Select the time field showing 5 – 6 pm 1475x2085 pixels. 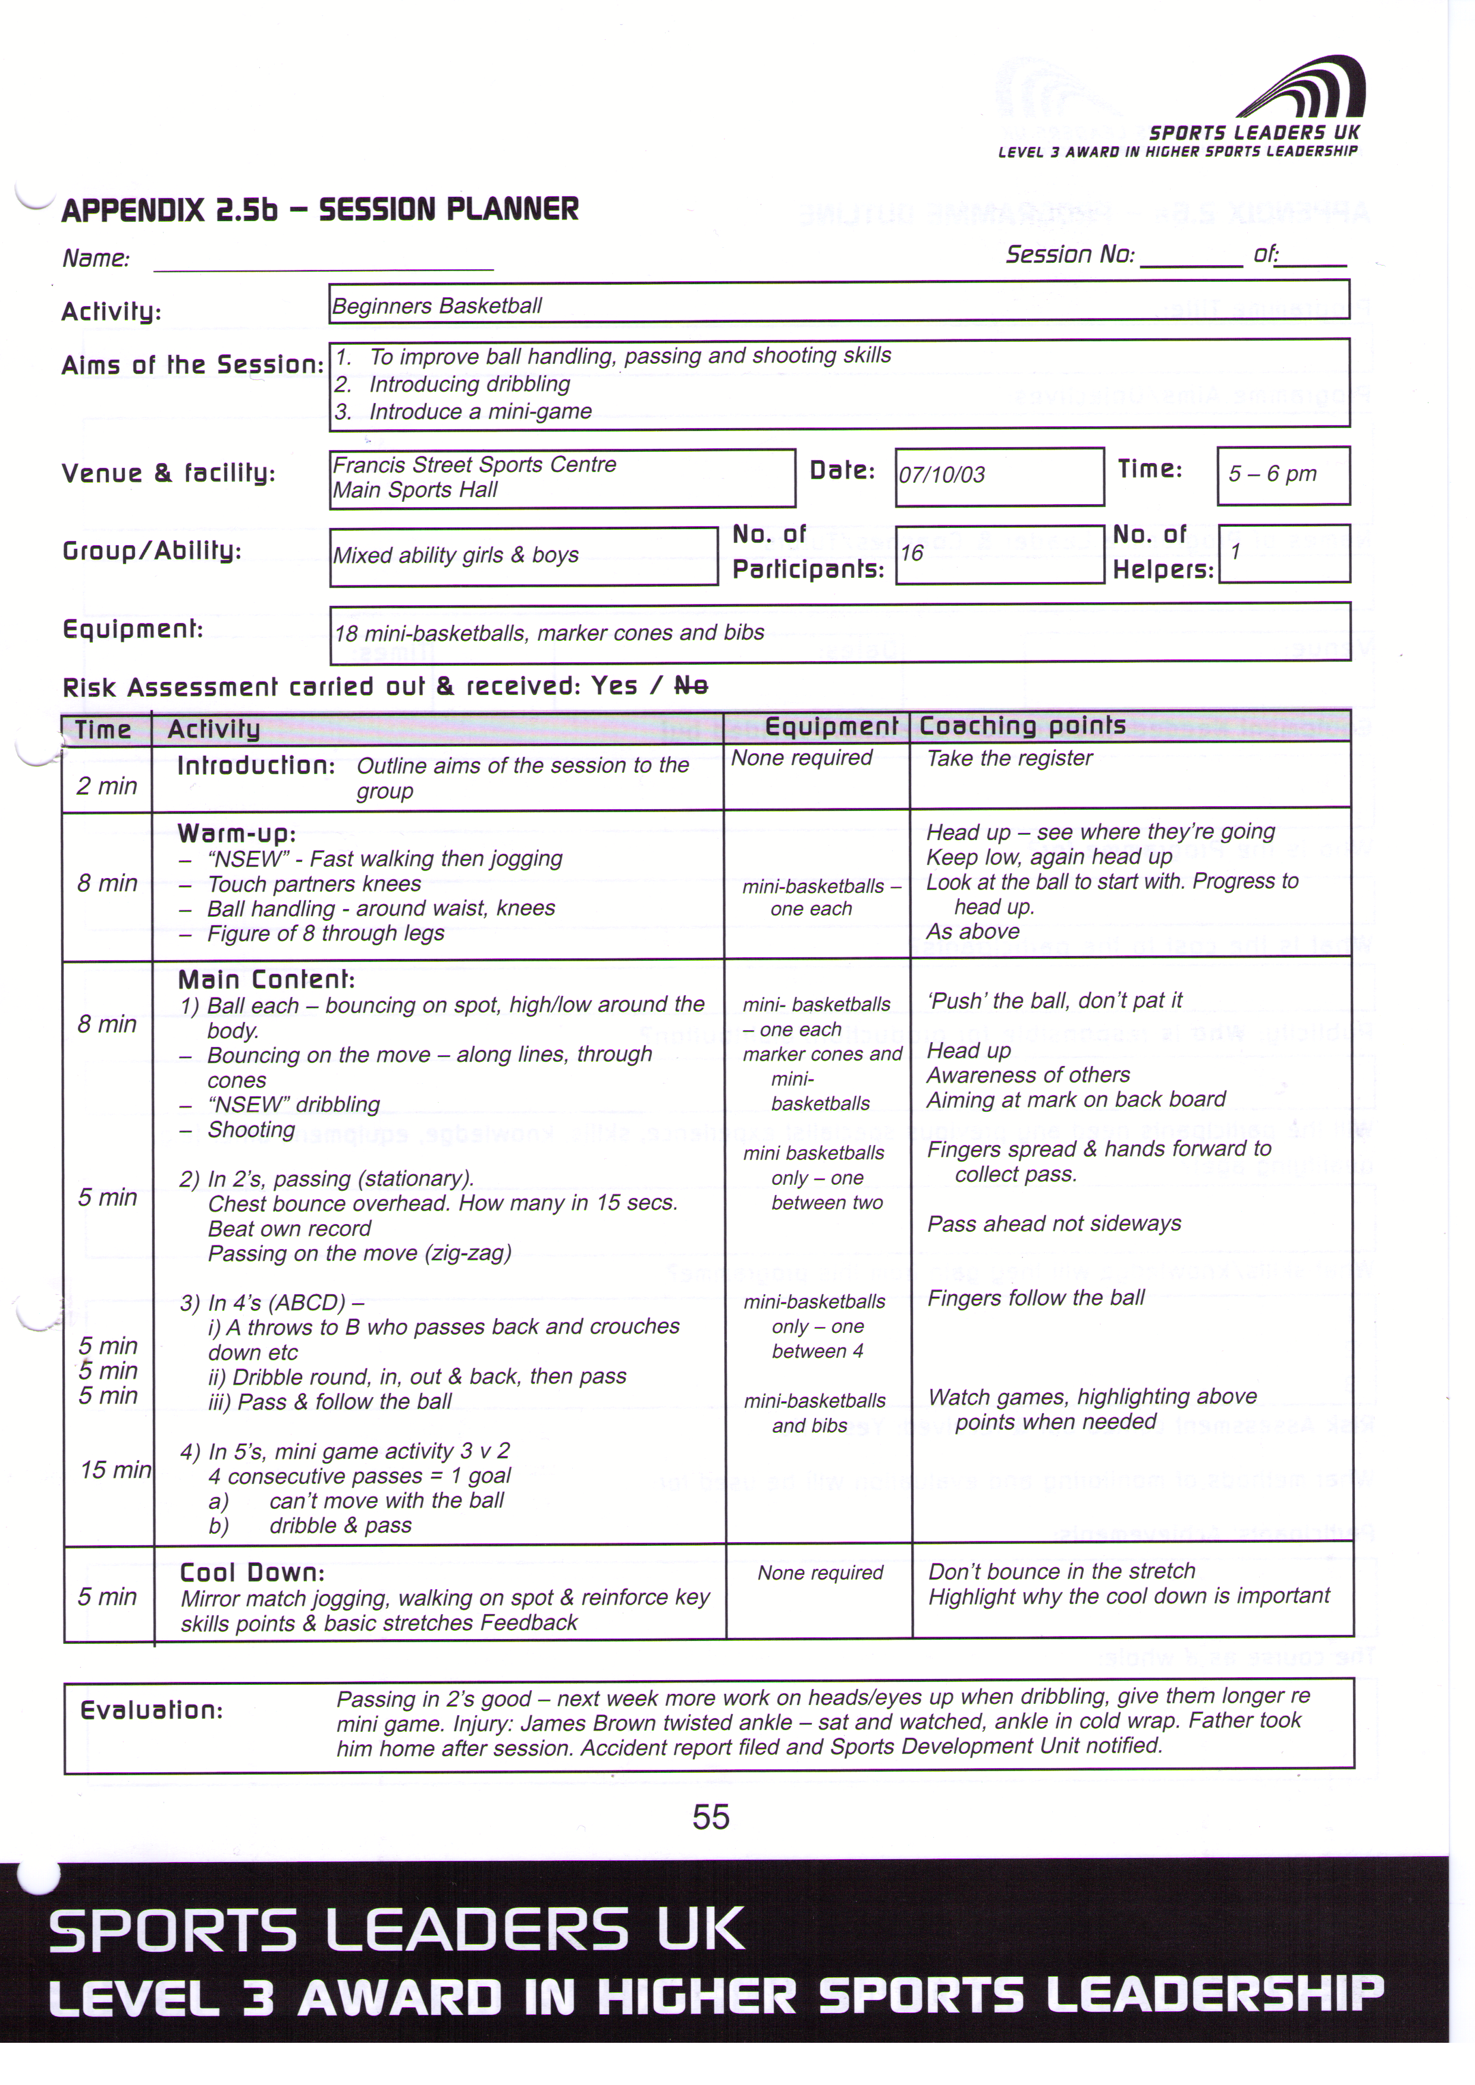point(1272,474)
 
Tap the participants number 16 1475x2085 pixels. point(912,553)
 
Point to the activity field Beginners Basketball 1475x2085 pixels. point(437,306)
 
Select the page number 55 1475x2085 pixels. point(710,1817)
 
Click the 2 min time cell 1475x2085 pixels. point(106,785)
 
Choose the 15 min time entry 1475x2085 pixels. point(114,1469)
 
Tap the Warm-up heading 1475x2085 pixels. point(236,833)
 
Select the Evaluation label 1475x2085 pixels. point(150,1710)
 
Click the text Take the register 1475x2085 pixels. point(1009,758)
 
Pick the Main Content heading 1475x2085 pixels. point(266,980)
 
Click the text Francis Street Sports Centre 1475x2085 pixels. point(474,465)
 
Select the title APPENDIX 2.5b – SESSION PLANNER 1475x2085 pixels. point(320,210)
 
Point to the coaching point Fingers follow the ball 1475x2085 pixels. point(1035,1298)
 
